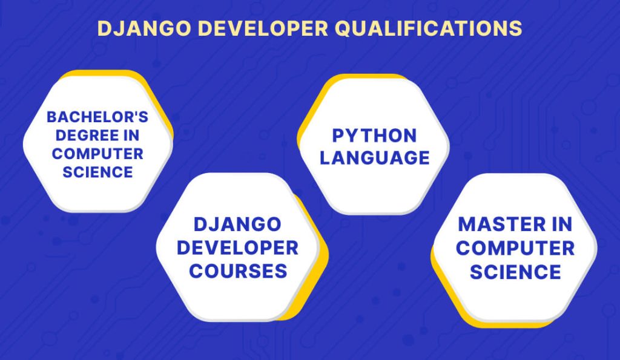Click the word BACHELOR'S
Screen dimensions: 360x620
click(97, 117)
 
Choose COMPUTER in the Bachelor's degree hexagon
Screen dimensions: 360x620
click(97, 153)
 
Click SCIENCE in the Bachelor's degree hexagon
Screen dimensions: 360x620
click(97, 171)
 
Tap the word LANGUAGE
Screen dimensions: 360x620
click(375, 158)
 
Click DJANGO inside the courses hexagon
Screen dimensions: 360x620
click(237, 224)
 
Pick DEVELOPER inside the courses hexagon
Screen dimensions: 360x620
click(237, 247)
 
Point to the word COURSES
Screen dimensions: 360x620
click(237, 270)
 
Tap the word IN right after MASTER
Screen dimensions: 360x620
click(557, 224)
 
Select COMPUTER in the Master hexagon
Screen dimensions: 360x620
click(515, 247)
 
